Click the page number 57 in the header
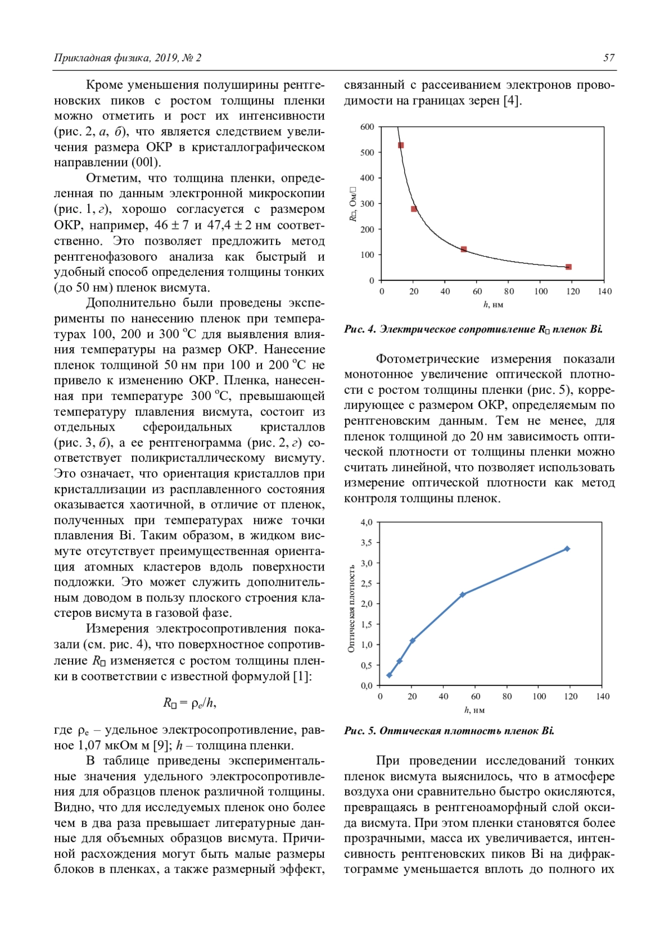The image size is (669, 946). click(x=609, y=58)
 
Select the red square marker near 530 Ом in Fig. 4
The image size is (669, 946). click(x=400, y=145)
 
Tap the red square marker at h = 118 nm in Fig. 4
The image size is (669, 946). click(x=569, y=267)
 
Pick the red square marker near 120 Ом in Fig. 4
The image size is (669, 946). click(x=464, y=249)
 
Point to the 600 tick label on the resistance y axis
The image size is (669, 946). click(x=367, y=127)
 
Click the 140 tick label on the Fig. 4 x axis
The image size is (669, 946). click(x=604, y=291)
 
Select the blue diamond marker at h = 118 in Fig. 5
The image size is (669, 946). click(x=568, y=549)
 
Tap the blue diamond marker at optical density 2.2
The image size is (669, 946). click(x=463, y=594)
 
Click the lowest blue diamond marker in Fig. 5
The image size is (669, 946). click(x=389, y=675)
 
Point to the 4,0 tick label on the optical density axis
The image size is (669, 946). click(x=366, y=523)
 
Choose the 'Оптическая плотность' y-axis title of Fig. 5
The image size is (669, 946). click(x=351, y=609)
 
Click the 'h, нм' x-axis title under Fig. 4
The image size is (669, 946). click(x=493, y=305)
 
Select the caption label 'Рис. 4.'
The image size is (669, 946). click(x=360, y=329)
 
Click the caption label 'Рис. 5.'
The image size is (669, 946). click(x=360, y=731)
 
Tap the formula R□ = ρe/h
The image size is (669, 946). click(x=190, y=703)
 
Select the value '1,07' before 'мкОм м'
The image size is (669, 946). click(x=89, y=745)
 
